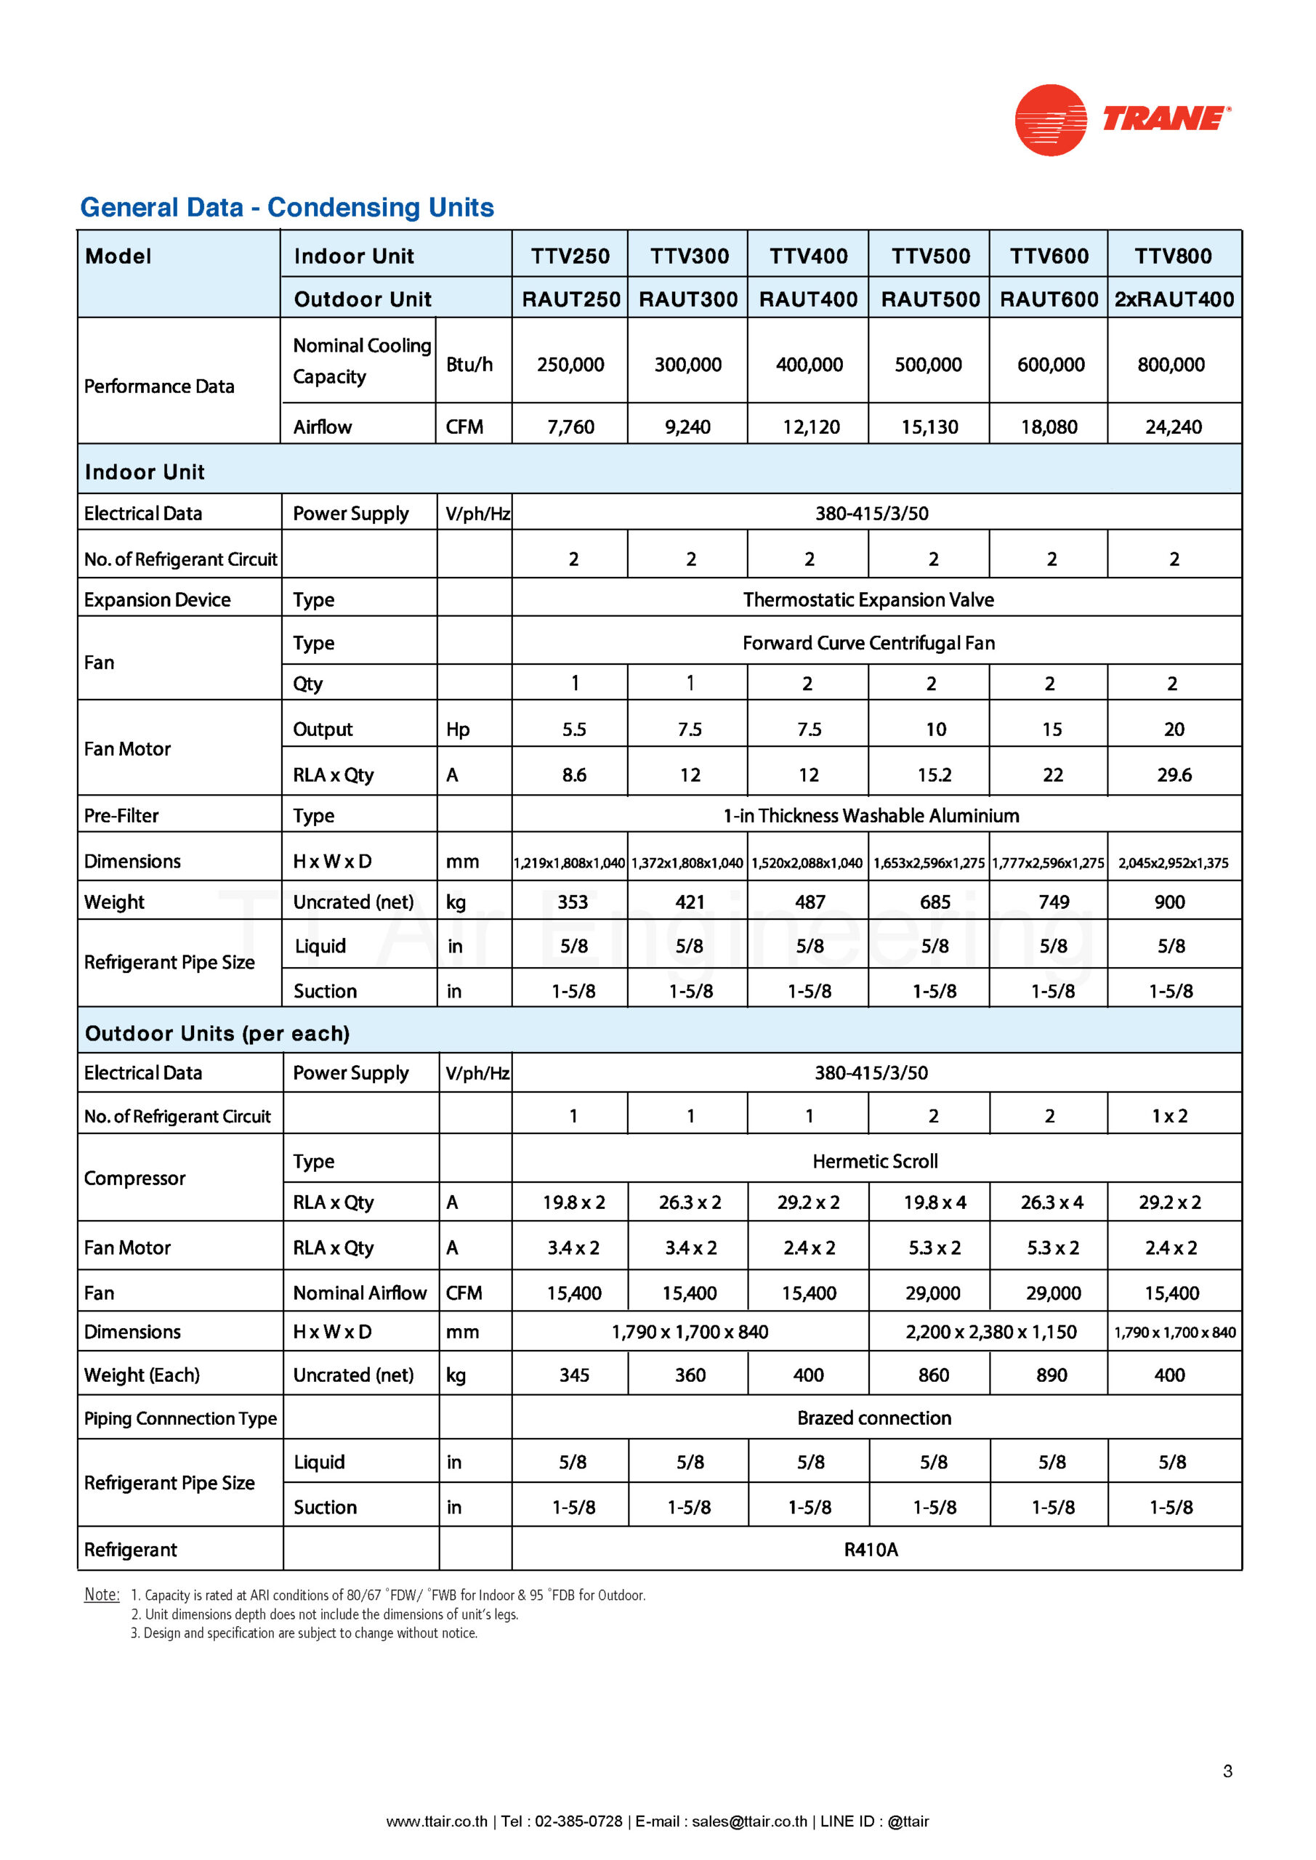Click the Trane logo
pyautogui.click(x=1121, y=120)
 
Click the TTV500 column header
pyautogui.click(x=930, y=256)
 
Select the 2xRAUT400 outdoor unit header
pyautogui.click(x=1174, y=299)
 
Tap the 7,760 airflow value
pyautogui.click(x=570, y=427)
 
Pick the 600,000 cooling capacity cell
pyautogui.click(x=1050, y=365)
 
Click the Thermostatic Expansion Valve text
pyautogui.click(x=868, y=599)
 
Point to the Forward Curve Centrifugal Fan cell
pyautogui.click(x=868, y=642)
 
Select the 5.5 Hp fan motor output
pyautogui.click(x=574, y=729)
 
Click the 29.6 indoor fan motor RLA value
pyautogui.click(x=1174, y=775)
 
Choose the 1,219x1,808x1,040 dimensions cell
pyautogui.click(x=570, y=862)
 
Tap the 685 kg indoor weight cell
pyautogui.click(x=934, y=902)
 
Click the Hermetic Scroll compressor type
pyautogui.click(x=874, y=1161)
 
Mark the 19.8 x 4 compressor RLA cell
pyautogui.click(x=934, y=1202)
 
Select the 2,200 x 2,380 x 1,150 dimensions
pyautogui.click(x=990, y=1332)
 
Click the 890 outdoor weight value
pyautogui.click(x=1051, y=1375)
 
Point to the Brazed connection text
pyautogui.click(x=873, y=1418)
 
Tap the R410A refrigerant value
pyautogui.click(x=871, y=1549)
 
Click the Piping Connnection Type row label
pyautogui.click(x=180, y=1418)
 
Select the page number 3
pyautogui.click(x=1227, y=1771)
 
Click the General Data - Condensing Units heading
pyautogui.click(x=287, y=207)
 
